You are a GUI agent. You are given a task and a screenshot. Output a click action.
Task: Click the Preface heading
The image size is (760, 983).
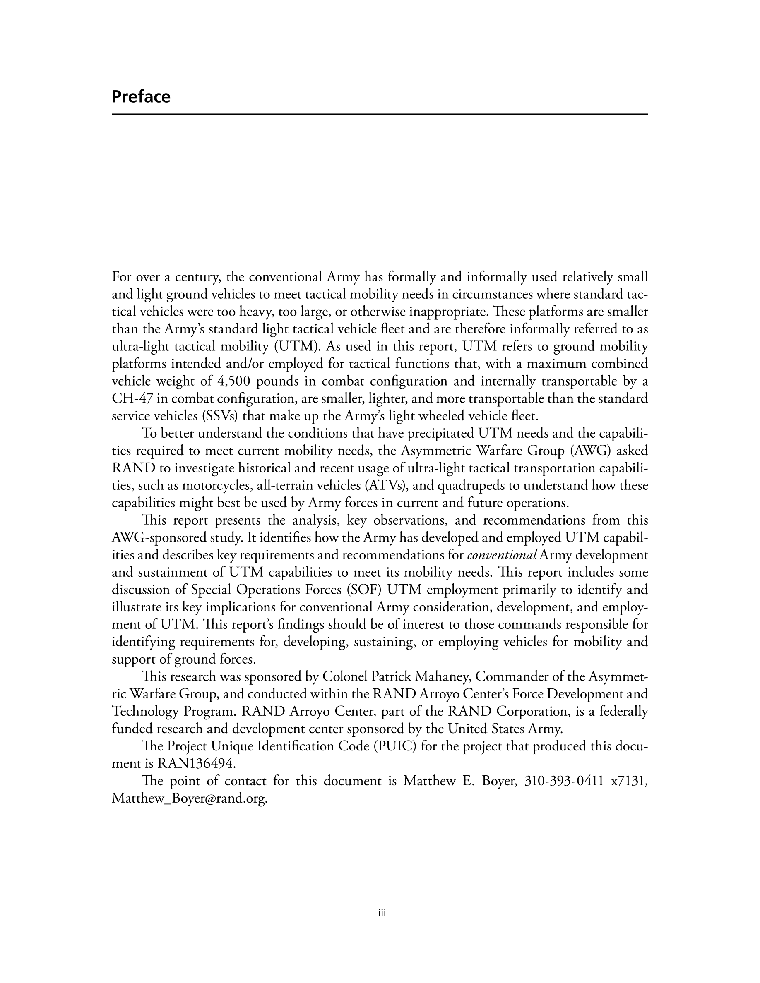click(x=141, y=97)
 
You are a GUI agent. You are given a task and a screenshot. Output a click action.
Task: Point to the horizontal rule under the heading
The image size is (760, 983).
click(x=380, y=114)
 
